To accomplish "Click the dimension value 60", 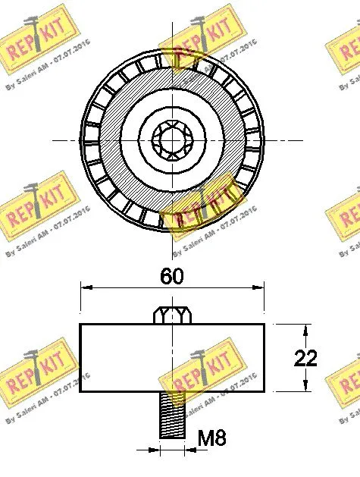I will pyautogui.click(x=172, y=277).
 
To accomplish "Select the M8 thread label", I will pyautogui.click(x=211, y=438).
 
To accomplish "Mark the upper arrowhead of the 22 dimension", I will pyautogui.click(x=305, y=328).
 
